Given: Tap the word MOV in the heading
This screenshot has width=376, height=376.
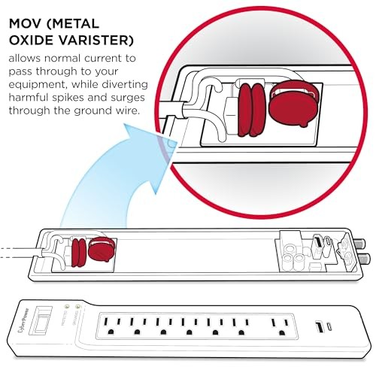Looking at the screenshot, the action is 26,24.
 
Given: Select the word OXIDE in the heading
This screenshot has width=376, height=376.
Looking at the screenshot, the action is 35,40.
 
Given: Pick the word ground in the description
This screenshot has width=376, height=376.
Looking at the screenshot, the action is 92,111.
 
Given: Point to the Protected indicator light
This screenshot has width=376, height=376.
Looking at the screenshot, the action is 67,306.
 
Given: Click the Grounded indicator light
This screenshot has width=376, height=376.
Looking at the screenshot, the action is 78,306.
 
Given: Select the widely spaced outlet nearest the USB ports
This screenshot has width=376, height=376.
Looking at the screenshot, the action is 279,326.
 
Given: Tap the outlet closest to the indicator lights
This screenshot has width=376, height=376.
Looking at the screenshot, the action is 111,326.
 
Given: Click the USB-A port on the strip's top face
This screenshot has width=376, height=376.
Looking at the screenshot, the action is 319,327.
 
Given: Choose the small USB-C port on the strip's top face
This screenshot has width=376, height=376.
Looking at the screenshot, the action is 330,327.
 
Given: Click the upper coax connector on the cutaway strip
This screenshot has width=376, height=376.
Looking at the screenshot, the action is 360,243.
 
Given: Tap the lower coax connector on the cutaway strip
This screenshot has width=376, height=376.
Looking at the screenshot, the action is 363,258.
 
